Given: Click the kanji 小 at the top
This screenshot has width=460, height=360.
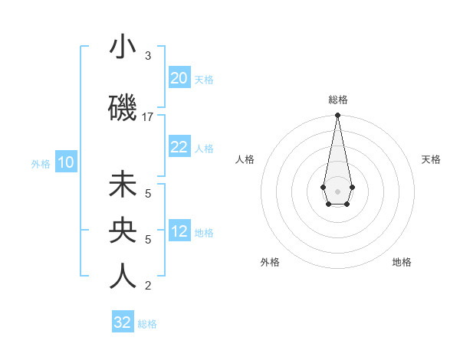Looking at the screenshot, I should click(x=123, y=48).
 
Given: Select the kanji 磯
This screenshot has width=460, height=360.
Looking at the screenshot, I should click(x=123, y=107).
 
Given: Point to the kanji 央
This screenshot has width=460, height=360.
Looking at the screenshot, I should click(x=123, y=231).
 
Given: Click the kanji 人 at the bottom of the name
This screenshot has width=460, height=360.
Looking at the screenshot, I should click(x=123, y=276).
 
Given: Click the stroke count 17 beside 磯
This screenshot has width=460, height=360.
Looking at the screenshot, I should click(x=148, y=117).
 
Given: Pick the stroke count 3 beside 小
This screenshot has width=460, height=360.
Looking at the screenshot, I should click(x=148, y=56).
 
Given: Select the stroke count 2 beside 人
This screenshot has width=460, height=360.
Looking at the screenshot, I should click(x=148, y=286).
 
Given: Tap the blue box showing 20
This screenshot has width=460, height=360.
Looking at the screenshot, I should click(x=179, y=78).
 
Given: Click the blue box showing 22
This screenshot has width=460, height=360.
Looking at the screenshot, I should click(x=179, y=147).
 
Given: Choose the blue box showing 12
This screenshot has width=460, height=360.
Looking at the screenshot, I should click(x=179, y=231).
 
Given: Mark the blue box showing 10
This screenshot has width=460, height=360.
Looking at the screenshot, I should click(x=66, y=162).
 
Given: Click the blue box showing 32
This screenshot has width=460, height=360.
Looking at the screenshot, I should click(x=123, y=322).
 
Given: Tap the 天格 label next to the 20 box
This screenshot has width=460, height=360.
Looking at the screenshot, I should click(x=204, y=79).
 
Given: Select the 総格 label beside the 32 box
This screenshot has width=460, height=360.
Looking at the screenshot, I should click(x=147, y=324).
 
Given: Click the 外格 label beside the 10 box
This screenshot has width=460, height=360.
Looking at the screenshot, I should click(x=41, y=163).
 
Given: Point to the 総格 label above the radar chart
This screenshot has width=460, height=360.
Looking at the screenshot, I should click(x=337, y=100).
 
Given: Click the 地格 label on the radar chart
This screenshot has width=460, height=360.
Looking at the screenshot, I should click(x=402, y=262).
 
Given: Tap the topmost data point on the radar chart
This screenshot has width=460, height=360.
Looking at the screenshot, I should click(x=337, y=116).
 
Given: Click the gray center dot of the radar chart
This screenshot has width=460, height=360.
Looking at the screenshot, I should click(x=337, y=190).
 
